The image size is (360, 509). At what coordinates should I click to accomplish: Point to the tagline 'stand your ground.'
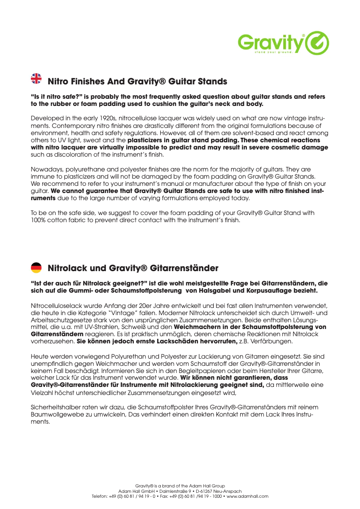(x=274, y=53)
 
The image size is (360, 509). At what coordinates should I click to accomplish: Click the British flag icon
(x=36, y=78)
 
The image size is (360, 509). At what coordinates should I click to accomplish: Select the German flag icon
(x=36, y=268)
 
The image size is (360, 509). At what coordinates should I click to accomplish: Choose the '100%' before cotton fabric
(x=38, y=220)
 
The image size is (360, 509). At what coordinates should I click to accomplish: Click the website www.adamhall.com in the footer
(x=247, y=496)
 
